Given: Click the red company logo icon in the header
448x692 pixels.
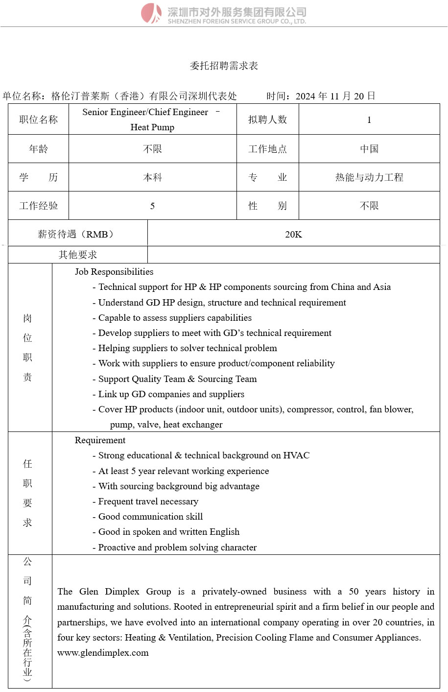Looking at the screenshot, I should (151, 13).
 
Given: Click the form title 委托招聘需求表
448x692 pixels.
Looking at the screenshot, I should (224, 66).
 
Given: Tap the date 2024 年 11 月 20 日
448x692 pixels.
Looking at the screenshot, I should (335, 96).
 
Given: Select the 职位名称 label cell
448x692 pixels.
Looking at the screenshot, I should (38, 120).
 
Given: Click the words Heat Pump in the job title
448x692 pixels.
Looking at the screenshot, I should (152, 127).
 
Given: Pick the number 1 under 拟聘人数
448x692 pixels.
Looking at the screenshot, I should (369, 120).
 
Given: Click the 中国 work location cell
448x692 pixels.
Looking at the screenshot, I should (369, 149).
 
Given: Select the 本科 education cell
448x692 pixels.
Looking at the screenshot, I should (152, 177).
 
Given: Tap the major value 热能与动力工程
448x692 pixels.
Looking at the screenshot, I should (369, 177).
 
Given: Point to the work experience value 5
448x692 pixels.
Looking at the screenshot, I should (152, 206).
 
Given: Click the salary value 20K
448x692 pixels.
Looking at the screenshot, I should (293, 235).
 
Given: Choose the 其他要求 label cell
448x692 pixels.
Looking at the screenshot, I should (78, 255).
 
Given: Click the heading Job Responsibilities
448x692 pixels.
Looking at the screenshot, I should (114, 272).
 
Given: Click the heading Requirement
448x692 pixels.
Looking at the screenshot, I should (100, 440).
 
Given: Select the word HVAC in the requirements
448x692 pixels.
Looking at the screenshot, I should (296, 455).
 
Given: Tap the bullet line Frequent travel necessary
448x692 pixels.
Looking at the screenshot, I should (148, 501).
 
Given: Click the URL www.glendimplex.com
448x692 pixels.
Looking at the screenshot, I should (103, 653).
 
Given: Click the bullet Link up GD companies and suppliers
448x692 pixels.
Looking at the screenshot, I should (171, 394).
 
